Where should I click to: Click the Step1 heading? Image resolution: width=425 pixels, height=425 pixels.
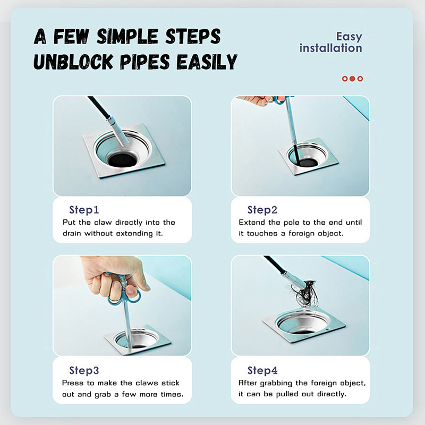click(x=84, y=210)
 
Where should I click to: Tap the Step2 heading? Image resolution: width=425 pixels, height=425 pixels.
click(x=262, y=210)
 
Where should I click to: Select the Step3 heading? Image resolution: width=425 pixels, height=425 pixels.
click(x=84, y=370)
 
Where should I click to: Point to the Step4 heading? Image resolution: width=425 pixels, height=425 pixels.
click(x=262, y=370)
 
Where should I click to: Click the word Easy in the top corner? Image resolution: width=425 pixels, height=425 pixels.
click(x=349, y=37)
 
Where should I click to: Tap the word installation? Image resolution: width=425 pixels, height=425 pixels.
click(x=330, y=48)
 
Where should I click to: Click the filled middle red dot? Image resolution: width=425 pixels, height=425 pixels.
click(x=352, y=79)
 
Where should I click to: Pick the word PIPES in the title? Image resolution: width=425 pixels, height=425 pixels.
click(x=145, y=62)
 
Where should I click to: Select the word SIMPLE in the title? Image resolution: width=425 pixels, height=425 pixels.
click(x=127, y=36)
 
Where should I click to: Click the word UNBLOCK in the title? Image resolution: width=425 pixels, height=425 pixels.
click(x=73, y=62)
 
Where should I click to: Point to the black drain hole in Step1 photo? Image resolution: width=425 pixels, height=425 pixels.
click(x=123, y=160)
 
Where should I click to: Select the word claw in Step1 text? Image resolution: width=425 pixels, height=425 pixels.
click(x=103, y=223)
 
